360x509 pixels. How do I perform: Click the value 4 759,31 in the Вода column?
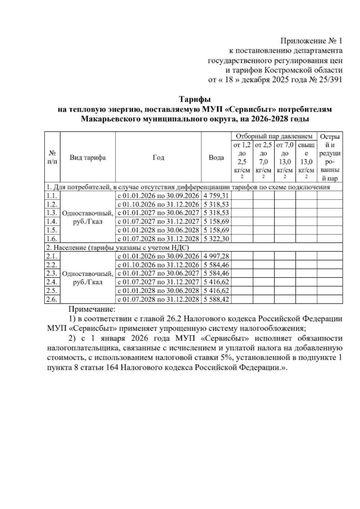pos(216,196)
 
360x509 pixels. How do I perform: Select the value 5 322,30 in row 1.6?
pos(216,239)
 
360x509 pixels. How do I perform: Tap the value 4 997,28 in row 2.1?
pos(216,256)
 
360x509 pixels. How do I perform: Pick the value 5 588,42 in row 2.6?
pos(216,300)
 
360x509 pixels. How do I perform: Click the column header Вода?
pos(216,158)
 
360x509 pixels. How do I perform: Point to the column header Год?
pos(158,158)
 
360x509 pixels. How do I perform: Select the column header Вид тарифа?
pos(88,158)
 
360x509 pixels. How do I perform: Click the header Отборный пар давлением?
pos(274,137)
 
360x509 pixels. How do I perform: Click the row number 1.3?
pos(52,213)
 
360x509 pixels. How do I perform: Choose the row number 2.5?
pos(52,291)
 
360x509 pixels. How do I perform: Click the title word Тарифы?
pos(195,99)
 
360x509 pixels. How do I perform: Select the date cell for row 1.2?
pos(158,205)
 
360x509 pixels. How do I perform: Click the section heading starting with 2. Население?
pos(118,248)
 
